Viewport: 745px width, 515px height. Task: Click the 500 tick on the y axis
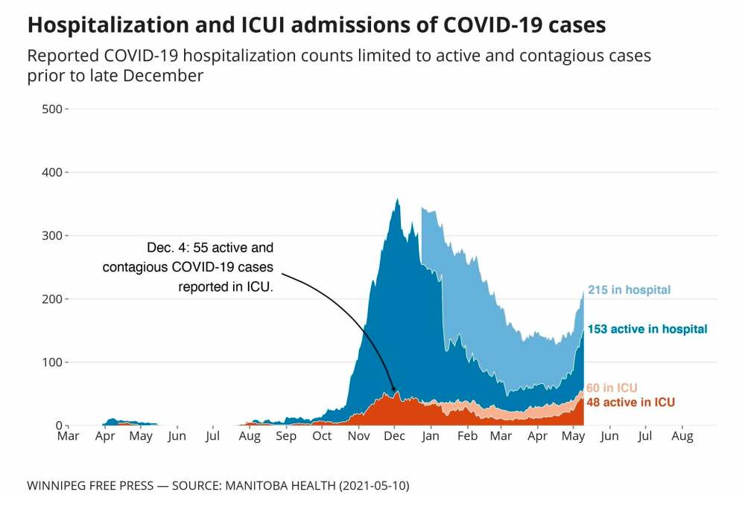pyautogui.click(x=51, y=109)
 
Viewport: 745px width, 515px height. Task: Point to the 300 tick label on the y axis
pyautogui.click(x=51, y=236)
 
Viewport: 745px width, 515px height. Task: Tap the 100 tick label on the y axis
pyautogui.click(x=51, y=362)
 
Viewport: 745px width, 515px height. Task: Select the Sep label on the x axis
pyautogui.click(x=286, y=436)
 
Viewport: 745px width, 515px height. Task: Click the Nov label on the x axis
pyautogui.click(x=359, y=436)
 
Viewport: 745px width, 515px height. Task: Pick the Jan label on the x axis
pyautogui.click(x=431, y=436)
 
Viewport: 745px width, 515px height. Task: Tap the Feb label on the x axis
pyautogui.click(x=467, y=436)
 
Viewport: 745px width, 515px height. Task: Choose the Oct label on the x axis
pyautogui.click(x=323, y=436)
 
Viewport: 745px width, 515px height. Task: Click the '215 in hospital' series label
pyautogui.click(x=629, y=290)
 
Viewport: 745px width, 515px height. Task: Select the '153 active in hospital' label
pyautogui.click(x=647, y=329)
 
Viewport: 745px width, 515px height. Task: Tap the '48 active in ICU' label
pyautogui.click(x=631, y=403)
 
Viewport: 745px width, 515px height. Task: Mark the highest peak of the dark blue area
pyautogui.click(x=398, y=199)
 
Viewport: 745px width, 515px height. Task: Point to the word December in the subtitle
pyautogui.click(x=166, y=76)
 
